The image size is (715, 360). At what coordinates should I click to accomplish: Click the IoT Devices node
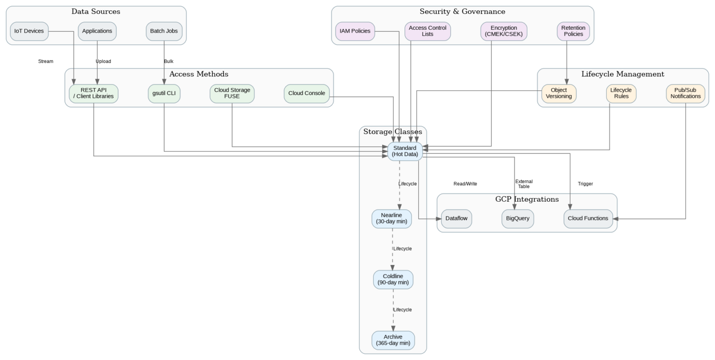point(29,31)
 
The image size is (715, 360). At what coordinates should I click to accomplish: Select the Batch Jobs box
point(164,31)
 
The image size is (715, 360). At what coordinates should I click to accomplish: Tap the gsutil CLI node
point(164,94)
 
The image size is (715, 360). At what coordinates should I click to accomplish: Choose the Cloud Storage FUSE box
point(232,93)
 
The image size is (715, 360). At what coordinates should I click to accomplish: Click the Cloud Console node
point(306,94)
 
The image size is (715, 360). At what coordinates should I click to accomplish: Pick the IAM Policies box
point(355,31)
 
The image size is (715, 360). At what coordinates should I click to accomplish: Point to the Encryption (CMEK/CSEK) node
point(504,31)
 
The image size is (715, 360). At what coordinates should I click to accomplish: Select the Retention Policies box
point(573,31)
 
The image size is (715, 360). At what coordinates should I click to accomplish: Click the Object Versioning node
point(559,94)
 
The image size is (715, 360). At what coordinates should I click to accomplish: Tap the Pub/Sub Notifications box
point(685,94)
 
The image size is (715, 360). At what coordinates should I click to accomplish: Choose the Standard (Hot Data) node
point(405,151)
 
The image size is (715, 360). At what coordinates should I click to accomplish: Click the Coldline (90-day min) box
point(393,279)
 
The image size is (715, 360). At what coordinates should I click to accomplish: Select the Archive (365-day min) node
point(393,340)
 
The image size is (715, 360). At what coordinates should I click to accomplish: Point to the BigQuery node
point(518,218)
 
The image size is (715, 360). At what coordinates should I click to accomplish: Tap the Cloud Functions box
point(588,218)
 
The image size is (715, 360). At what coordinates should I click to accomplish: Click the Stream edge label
point(46,61)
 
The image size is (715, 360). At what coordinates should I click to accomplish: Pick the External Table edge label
point(524,184)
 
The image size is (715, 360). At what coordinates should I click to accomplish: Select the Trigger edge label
point(585,184)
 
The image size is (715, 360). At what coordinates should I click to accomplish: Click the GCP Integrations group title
point(526,199)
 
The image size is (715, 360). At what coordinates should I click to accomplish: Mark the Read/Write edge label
point(465,184)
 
